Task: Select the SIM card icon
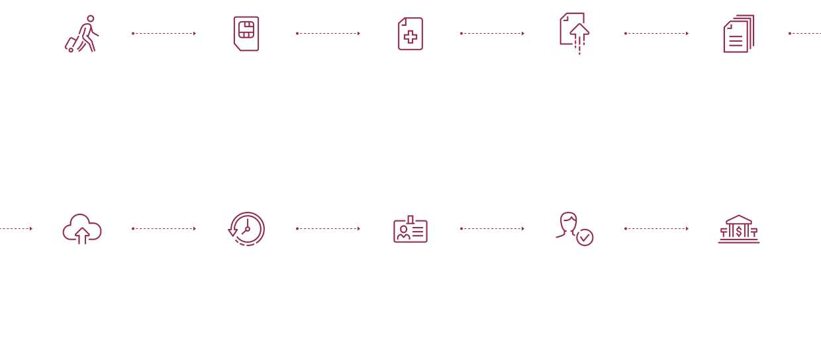(246, 33)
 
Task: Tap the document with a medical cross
(410, 34)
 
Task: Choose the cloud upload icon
(82, 229)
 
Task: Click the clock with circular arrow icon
(246, 229)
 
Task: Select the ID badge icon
(410, 230)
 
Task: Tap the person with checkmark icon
(573, 228)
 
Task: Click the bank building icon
(739, 229)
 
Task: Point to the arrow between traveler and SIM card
(164, 33)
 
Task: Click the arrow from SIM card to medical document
(328, 33)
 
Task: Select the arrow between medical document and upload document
(493, 33)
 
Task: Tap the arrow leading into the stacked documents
(657, 33)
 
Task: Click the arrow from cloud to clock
(164, 228)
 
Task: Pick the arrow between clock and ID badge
(328, 228)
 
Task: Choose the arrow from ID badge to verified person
(493, 228)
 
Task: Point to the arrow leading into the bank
(657, 228)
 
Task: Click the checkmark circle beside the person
(585, 238)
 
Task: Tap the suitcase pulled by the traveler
(70, 44)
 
